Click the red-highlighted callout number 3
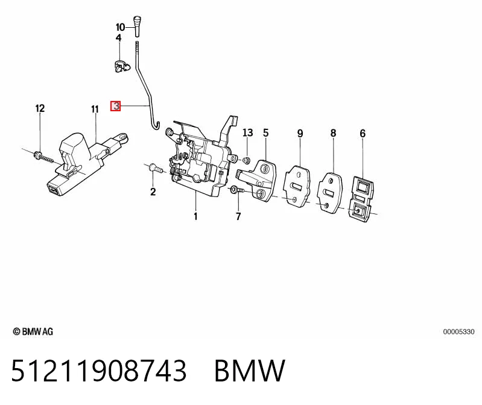pos(116,106)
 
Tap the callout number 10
pos(120,27)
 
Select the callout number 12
pos(40,108)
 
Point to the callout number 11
pos(95,109)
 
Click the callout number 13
pos(248,133)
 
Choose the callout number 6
pos(363,134)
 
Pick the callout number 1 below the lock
pos(195,216)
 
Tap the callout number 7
pos(238,216)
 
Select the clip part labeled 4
pos(121,66)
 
